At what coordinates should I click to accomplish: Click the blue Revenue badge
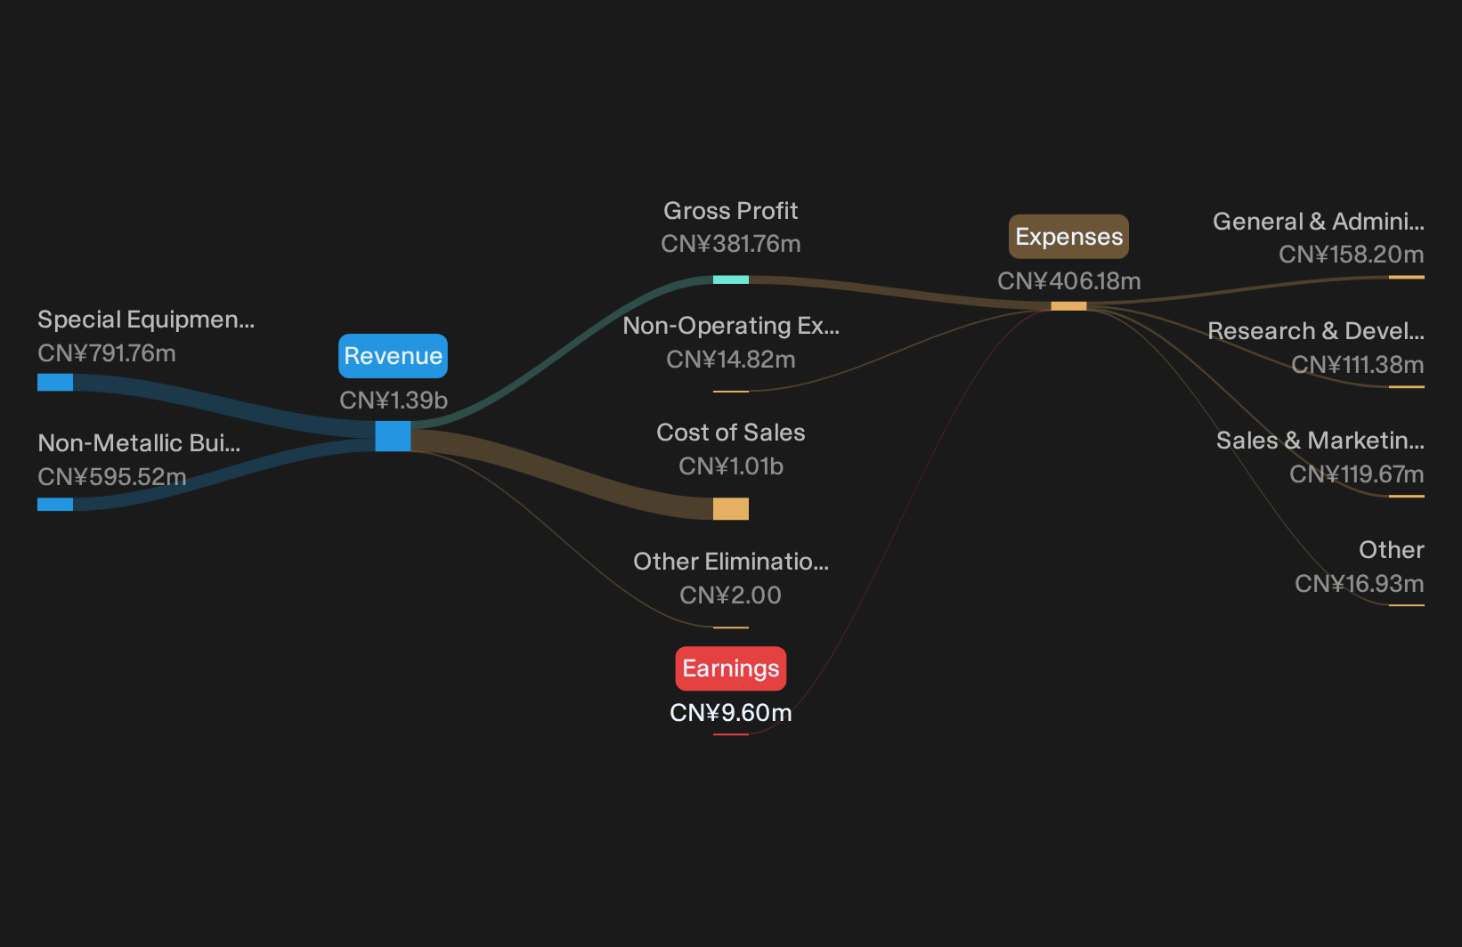[x=393, y=356]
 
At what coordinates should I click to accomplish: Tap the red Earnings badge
[x=730, y=668]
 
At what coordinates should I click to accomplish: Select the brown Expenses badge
[x=1068, y=236]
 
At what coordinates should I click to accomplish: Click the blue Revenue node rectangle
[x=393, y=436]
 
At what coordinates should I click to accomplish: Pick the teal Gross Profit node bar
[x=730, y=279]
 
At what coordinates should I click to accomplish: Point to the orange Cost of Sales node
[x=730, y=508]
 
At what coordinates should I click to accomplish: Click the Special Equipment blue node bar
[x=55, y=383]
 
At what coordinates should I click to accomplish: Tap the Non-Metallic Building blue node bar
[x=55, y=504]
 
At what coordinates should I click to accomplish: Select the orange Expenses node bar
[x=1068, y=306]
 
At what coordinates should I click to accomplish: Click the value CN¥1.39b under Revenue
[x=393, y=401]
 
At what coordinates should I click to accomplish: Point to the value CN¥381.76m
[x=730, y=244]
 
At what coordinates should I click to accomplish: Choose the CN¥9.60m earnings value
[x=730, y=713]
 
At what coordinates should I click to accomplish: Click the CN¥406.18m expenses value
[x=1068, y=280]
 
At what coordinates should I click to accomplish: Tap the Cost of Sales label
[x=730, y=432]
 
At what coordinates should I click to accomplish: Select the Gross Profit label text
[x=730, y=211]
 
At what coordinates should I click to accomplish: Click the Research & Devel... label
[x=1316, y=331]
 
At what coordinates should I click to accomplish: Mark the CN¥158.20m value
[x=1351, y=254]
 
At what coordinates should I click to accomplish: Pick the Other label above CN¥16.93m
[x=1392, y=549]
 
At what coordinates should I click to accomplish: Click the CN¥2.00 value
[x=730, y=595]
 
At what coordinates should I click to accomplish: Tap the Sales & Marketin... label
[x=1320, y=441]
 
